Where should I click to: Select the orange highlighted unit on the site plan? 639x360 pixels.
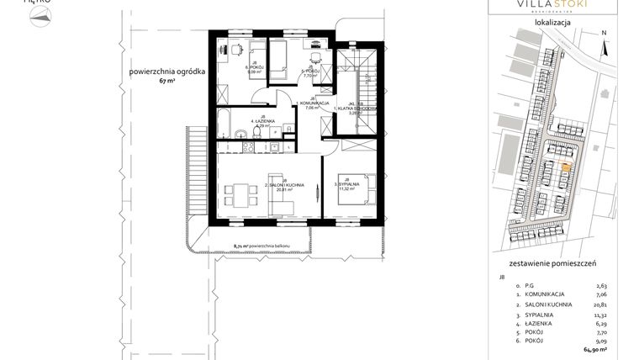pos(565,168)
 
